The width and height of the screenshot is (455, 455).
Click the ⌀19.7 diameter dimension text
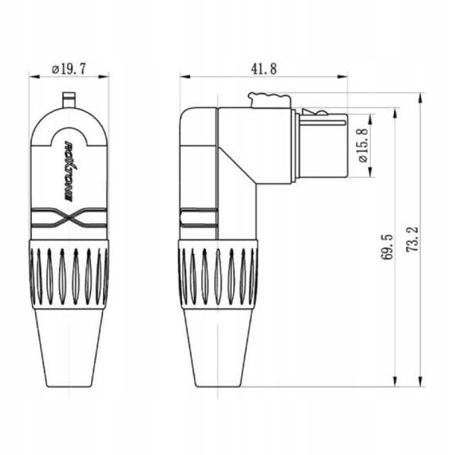69,69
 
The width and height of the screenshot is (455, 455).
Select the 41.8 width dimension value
263,68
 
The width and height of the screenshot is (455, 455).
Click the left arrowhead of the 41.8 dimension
182,76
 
